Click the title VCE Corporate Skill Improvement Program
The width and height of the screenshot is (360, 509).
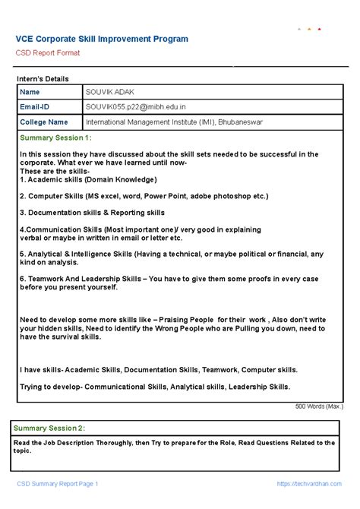tap(102, 39)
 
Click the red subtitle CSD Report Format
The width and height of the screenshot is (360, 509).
tap(48, 53)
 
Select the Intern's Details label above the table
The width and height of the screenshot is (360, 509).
tap(43, 79)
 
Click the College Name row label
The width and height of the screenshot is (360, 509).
tap(44, 122)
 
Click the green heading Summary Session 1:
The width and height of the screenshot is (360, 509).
tap(55, 138)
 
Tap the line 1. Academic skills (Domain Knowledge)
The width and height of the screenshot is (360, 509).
tap(88, 179)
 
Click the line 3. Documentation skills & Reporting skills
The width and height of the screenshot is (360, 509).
tap(92, 213)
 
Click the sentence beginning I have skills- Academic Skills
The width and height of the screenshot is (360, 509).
tap(159, 370)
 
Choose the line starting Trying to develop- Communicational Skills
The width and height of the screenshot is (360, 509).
tap(155, 387)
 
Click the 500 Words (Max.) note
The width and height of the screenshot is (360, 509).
tap(319, 406)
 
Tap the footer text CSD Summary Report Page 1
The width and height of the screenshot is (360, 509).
tap(58, 484)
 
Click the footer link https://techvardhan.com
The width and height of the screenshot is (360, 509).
tap(310, 484)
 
